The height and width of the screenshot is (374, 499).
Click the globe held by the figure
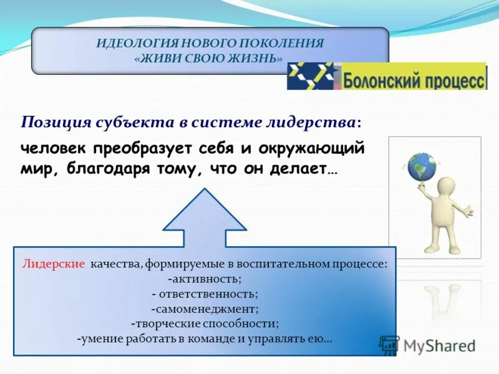click(422, 166)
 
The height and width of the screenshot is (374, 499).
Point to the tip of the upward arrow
click(205, 191)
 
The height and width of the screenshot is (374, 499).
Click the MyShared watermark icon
click(389, 344)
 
